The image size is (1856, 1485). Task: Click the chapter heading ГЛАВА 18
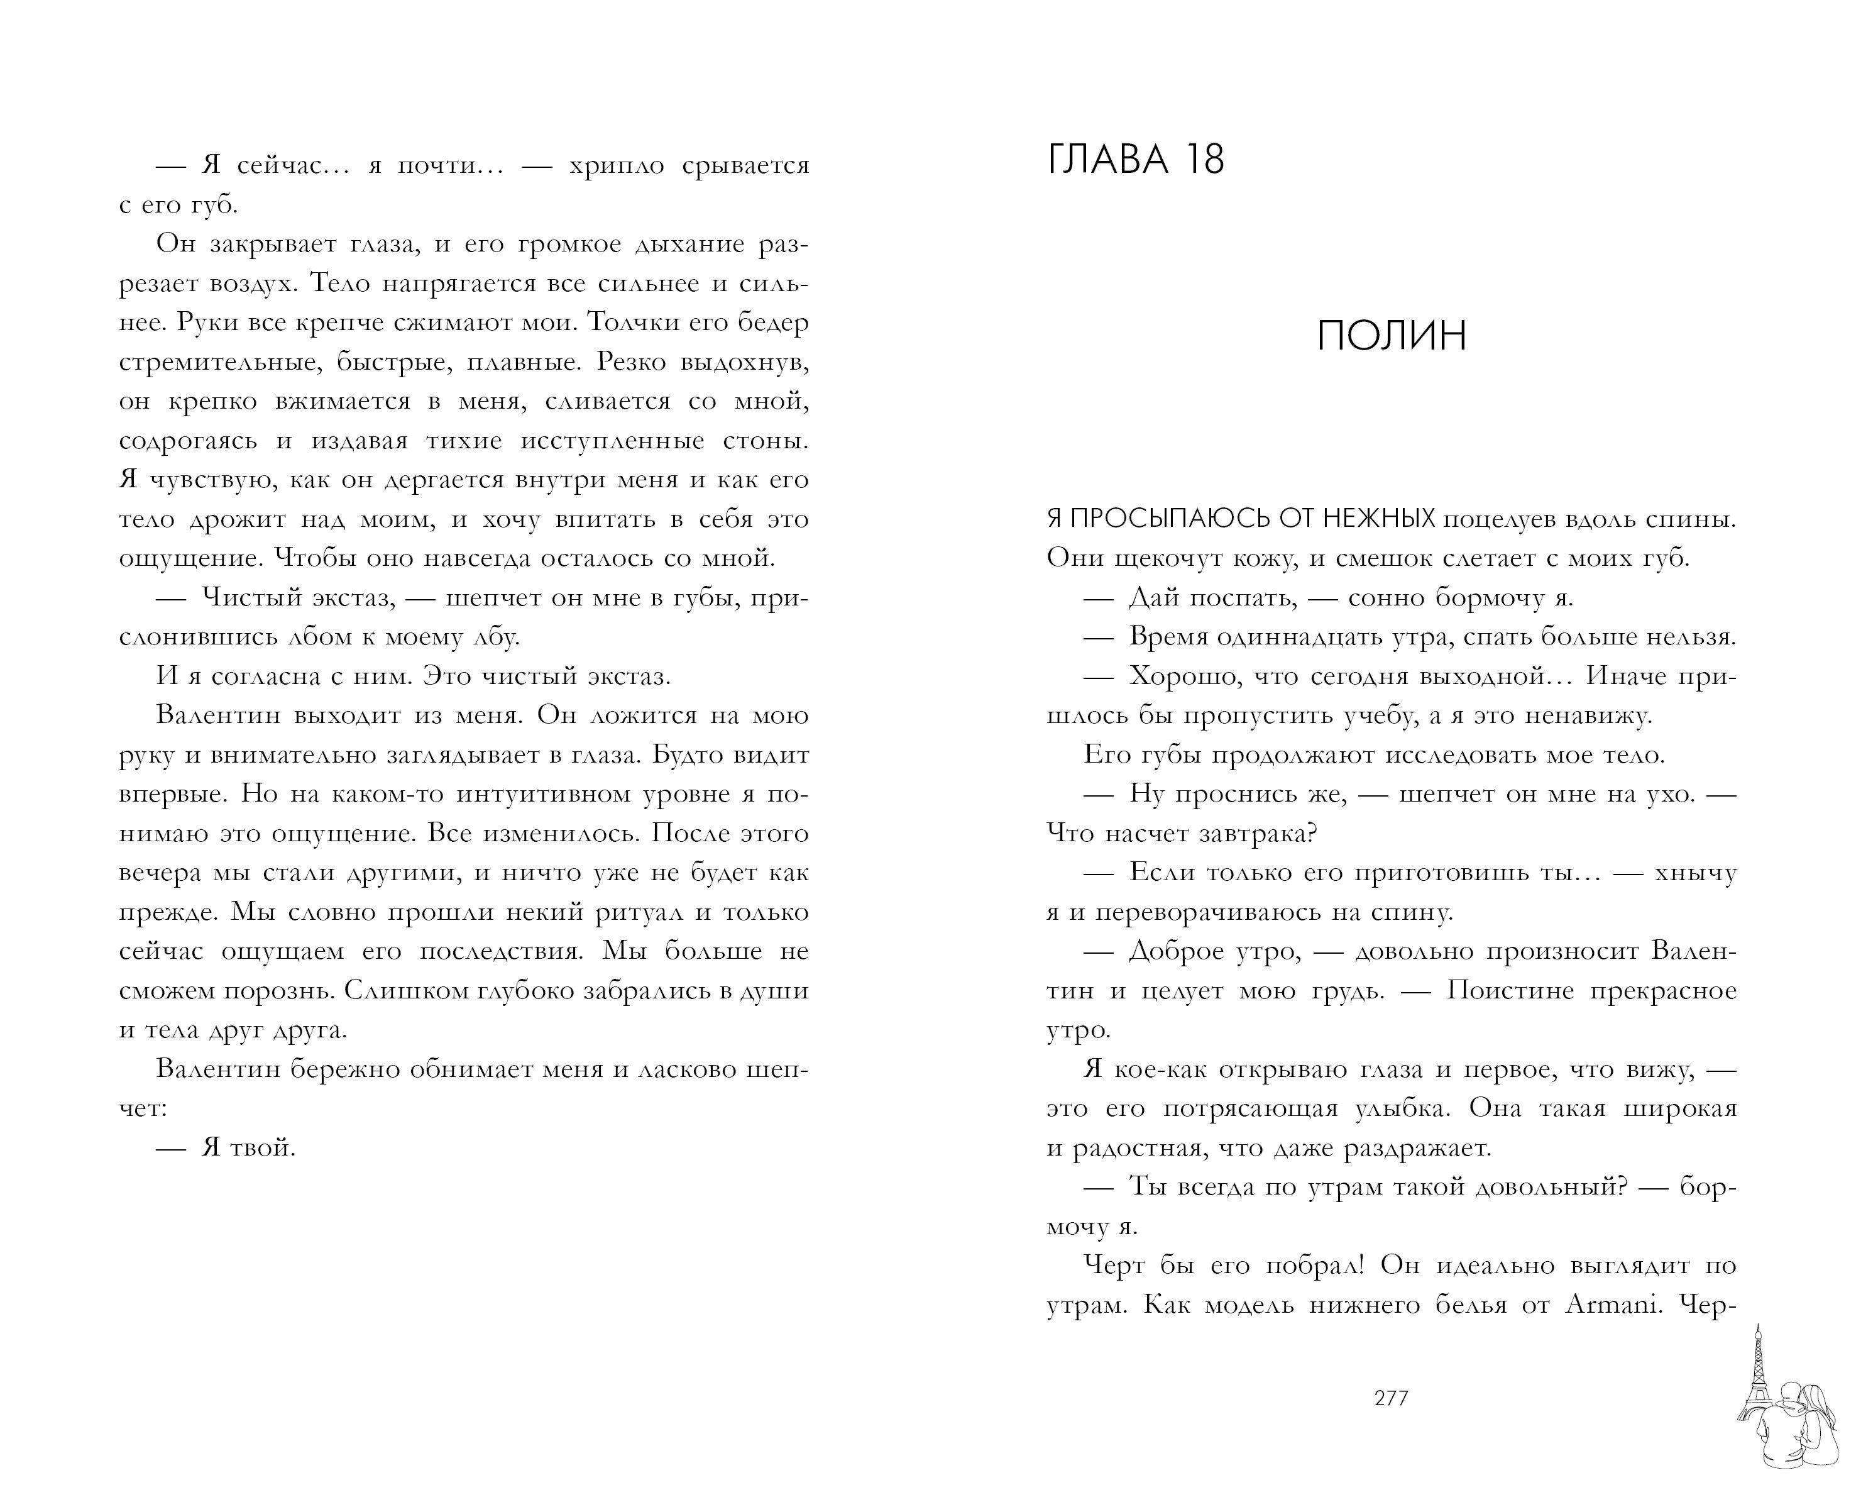pos(1136,160)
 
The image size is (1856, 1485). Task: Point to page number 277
pos(1391,1397)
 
